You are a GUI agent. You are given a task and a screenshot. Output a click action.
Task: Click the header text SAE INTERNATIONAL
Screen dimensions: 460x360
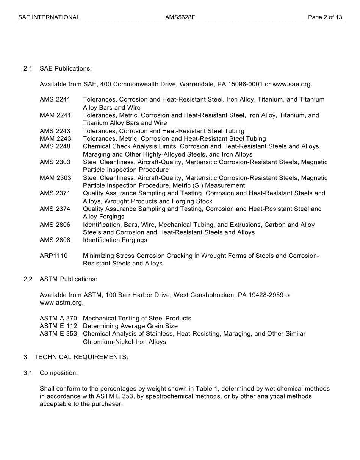(49, 17)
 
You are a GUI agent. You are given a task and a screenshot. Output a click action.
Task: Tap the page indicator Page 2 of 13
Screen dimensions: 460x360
(325, 17)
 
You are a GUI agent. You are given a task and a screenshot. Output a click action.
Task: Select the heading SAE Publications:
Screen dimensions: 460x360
(66, 69)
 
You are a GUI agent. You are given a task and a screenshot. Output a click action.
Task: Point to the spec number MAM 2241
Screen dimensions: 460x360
(55, 115)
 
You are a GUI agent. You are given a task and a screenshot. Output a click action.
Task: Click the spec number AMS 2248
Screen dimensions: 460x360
(55, 146)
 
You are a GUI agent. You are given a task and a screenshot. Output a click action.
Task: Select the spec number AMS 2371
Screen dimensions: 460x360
(55, 193)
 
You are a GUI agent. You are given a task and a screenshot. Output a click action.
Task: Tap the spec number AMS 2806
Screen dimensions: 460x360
(55, 225)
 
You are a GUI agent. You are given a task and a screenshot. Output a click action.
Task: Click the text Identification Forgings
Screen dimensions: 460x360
(115, 240)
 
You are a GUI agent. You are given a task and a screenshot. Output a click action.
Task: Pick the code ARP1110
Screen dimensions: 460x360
(53, 256)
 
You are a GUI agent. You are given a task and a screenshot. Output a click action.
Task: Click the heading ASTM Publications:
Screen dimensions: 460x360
(68, 279)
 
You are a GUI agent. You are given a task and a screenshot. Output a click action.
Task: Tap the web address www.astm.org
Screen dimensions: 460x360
(61, 303)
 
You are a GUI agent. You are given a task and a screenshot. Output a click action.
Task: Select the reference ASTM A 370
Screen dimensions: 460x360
(58, 319)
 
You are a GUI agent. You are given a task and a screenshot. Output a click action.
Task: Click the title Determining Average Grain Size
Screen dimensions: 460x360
(130, 326)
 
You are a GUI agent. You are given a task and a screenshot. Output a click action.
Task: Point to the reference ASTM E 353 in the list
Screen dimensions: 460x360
(58, 334)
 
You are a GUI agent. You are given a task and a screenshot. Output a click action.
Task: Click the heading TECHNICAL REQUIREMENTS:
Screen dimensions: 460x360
(81, 357)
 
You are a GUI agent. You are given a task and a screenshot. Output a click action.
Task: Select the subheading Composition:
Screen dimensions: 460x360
(59, 373)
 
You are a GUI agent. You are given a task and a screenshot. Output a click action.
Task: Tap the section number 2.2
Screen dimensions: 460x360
(28, 279)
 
